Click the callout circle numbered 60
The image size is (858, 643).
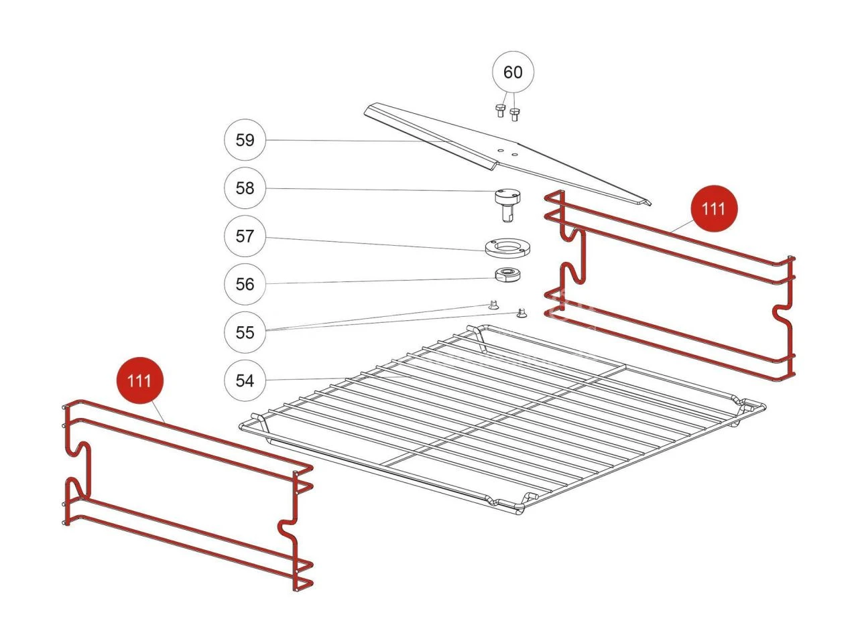tap(513, 72)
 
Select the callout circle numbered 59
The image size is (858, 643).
tap(245, 140)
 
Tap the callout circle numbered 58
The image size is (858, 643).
tap(245, 188)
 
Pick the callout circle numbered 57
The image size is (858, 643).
tap(245, 236)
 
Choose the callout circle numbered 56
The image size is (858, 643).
tap(245, 284)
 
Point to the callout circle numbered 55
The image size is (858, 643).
tap(245, 332)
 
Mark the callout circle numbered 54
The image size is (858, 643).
tap(245, 380)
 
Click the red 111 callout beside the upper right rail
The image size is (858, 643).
tap(714, 208)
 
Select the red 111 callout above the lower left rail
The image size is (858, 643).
tap(139, 380)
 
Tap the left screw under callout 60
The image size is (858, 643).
tap(500, 111)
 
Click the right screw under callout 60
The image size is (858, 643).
tap(514, 115)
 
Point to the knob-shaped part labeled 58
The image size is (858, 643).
tap(508, 206)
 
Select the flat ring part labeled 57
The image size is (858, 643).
tap(508, 248)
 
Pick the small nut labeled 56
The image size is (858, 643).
tap(508, 274)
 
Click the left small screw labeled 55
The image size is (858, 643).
tap(493, 305)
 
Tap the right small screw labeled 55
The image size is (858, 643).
tap(520, 313)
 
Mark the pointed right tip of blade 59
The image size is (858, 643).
tap(650, 205)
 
